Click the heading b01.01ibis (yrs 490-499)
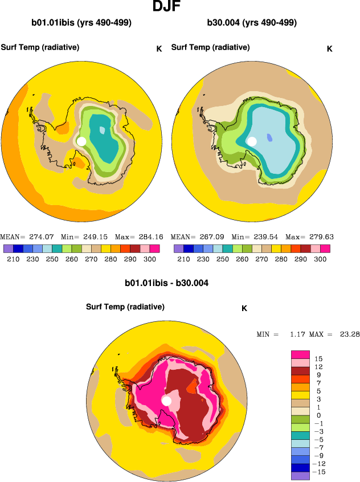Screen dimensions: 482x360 (x=81, y=23)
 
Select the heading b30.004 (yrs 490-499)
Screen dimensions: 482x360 (x=252, y=23)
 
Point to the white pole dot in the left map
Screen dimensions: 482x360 (x=81, y=141)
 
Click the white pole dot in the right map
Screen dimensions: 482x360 (x=252, y=141)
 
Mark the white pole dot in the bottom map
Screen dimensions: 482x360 (x=166, y=402)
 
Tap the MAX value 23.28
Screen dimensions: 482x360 (x=349, y=334)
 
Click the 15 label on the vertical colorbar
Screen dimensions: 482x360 (x=318, y=358)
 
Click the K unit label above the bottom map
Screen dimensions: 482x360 (x=244, y=308)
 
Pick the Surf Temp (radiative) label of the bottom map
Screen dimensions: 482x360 (x=125, y=307)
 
